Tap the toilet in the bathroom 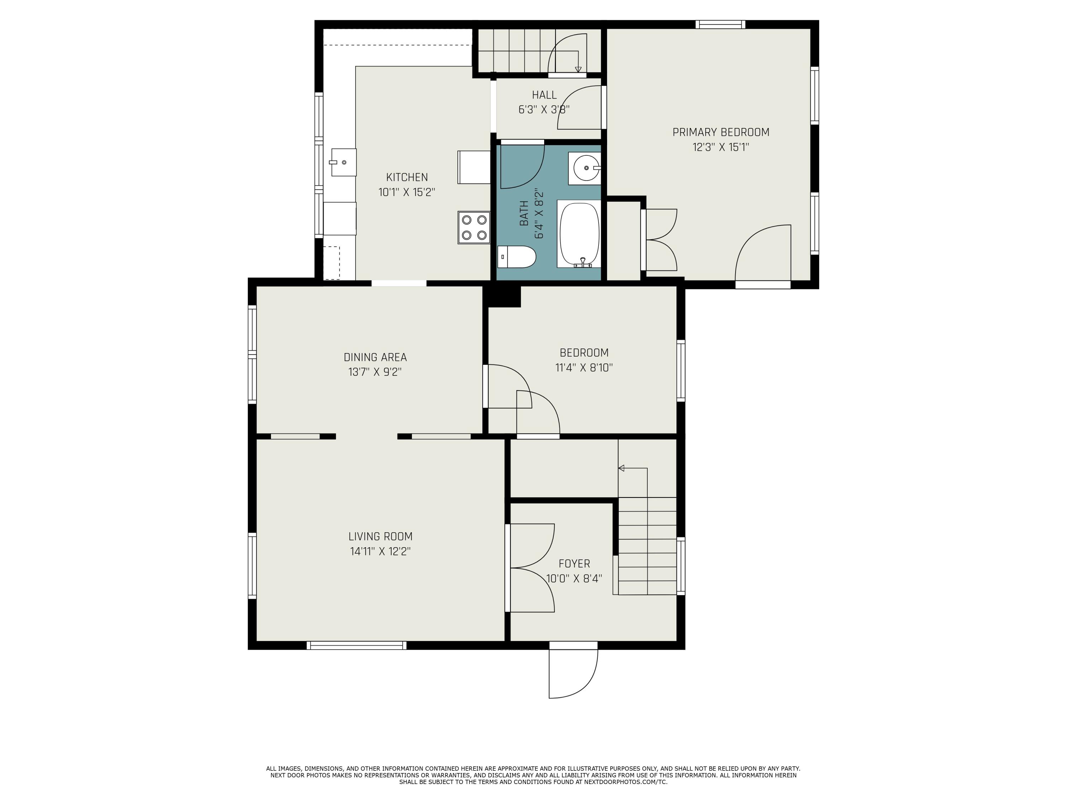(x=517, y=257)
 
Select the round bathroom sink (x=585, y=168)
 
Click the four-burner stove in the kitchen (x=474, y=228)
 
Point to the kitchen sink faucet (x=333, y=162)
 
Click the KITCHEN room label (x=407, y=177)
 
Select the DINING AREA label (x=375, y=357)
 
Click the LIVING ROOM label (x=381, y=536)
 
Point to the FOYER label (x=574, y=564)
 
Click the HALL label (x=544, y=95)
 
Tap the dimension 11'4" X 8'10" (x=584, y=367)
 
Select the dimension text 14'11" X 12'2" (x=381, y=551)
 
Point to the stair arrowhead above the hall (x=578, y=69)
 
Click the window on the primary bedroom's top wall (x=720, y=24)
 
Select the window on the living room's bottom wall (x=356, y=646)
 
